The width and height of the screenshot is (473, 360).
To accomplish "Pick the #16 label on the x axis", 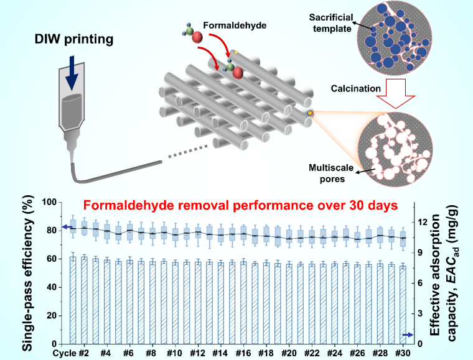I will point(243,353).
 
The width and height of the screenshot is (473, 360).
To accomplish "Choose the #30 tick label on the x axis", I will point(404,353).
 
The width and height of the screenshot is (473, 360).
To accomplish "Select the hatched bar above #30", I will point(404,305).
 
